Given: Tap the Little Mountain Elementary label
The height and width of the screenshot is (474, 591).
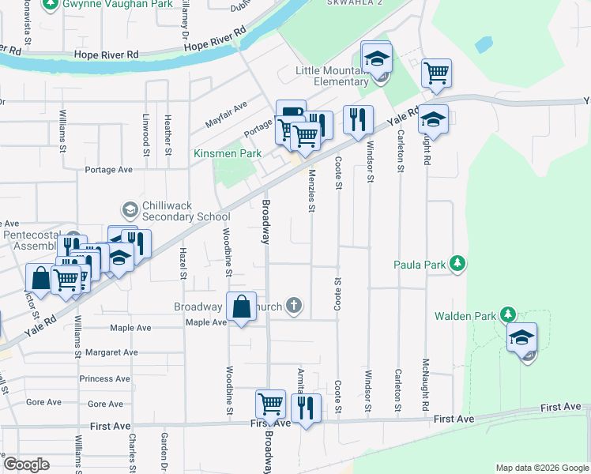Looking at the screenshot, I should click(331, 76).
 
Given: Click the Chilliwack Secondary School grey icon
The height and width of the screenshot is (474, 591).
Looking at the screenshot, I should click(130, 209).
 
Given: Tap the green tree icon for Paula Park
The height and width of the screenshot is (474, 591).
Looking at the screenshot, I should click(457, 263).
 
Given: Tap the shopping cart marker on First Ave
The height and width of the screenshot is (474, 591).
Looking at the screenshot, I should click(270, 404).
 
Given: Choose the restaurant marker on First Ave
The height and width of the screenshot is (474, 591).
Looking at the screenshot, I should click(306, 408).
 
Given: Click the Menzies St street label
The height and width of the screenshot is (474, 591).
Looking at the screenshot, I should click(312, 190).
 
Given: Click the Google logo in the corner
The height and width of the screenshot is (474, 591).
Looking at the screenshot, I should click(26, 465).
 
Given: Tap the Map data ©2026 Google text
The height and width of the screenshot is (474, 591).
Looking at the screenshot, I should click(541, 468).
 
